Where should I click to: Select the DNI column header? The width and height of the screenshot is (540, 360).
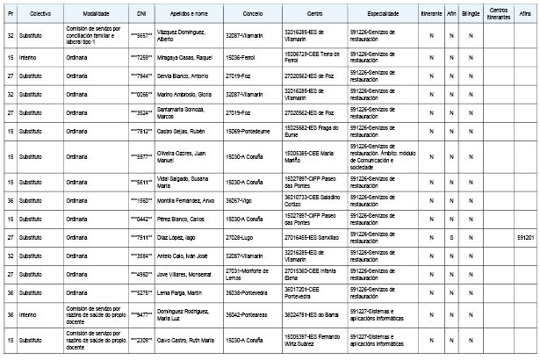tap(141, 15)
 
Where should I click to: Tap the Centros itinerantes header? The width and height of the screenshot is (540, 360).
tap(496, 15)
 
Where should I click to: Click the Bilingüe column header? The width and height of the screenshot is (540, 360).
tap(471, 15)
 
